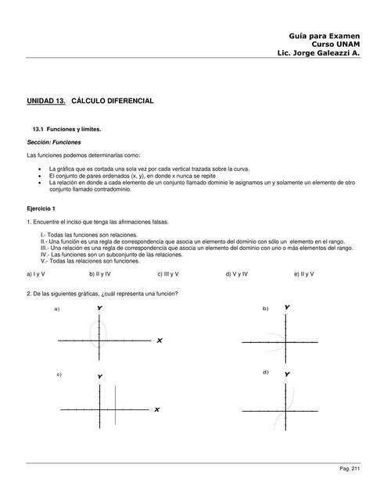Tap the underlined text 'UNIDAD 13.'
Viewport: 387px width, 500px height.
(46, 102)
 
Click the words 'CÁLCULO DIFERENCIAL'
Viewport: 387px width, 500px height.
(113, 102)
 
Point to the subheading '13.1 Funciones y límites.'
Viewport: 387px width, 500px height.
(66, 128)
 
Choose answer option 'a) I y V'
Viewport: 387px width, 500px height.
(36, 274)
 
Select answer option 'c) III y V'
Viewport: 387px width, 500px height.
(168, 274)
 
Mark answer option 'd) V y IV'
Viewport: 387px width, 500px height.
(237, 274)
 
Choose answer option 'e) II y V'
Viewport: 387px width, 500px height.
(306, 274)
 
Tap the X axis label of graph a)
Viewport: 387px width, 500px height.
(159, 341)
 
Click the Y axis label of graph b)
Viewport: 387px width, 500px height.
(287, 308)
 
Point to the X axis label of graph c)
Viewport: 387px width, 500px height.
(156, 409)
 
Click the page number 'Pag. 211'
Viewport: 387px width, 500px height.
(349, 469)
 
